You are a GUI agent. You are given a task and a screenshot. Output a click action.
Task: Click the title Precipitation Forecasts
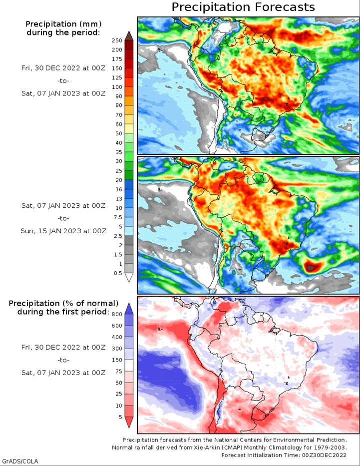pyautogui.click(x=243, y=7)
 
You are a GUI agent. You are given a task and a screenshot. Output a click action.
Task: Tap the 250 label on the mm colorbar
pyautogui.click(x=117, y=40)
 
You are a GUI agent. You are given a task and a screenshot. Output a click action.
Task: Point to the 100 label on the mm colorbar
pyautogui.click(x=117, y=87)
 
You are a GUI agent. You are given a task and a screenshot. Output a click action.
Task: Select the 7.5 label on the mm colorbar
pyautogui.click(x=117, y=217)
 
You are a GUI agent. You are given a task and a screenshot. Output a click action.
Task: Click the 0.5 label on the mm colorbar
pyautogui.click(x=118, y=273)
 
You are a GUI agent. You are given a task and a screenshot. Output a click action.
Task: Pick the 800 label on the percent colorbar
pyautogui.click(x=117, y=314)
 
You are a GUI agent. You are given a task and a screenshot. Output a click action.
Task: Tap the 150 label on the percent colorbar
pyautogui.click(x=117, y=360)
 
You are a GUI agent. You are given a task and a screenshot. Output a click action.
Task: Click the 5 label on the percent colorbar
pyautogui.click(x=120, y=417)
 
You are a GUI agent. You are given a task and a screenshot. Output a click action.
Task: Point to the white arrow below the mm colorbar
pyautogui.click(x=128, y=278)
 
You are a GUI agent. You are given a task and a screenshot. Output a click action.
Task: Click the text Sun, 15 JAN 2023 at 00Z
pyautogui.click(x=63, y=231)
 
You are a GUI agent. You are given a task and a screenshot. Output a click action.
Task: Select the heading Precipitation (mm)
pyautogui.click(x=62, y=24)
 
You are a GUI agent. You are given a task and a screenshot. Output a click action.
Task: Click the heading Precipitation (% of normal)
pyautogui.click(x=63, y=303)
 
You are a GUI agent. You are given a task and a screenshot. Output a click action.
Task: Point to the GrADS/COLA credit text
pyautogui.click(x=20, y=461)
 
